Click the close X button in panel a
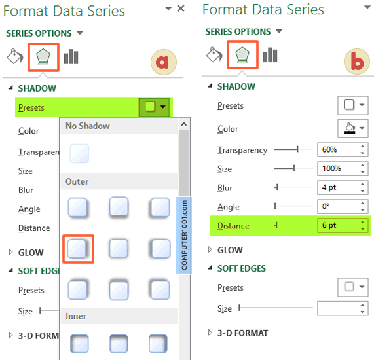181,9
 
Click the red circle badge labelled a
164,62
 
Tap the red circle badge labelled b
357,62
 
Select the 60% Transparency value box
343,150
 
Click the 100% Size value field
343,169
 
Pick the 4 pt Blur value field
343,187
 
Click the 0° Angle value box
343,206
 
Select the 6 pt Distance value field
343,225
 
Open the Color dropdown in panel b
353,129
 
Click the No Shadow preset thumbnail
79,153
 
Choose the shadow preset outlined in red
78,249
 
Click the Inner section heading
76,316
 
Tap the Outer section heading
77,182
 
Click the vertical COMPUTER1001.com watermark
183,236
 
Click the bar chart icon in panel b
270,55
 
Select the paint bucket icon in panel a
15,56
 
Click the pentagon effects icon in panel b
242,54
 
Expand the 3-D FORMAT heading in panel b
242,333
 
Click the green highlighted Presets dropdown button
154,107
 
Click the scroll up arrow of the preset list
184,124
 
